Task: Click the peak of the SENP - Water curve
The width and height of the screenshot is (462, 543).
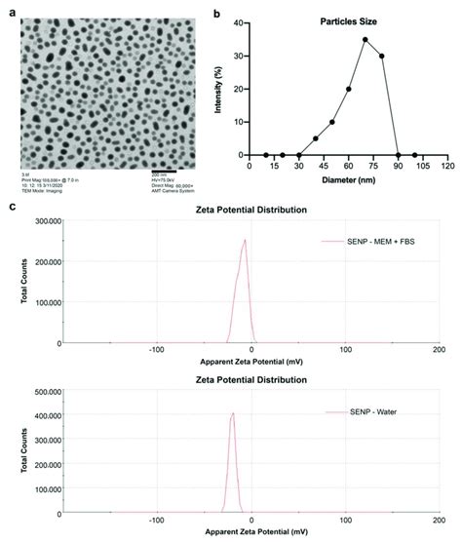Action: click(x=232, y=413)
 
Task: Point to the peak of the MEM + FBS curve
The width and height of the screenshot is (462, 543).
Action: click(x=245, y=240)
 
